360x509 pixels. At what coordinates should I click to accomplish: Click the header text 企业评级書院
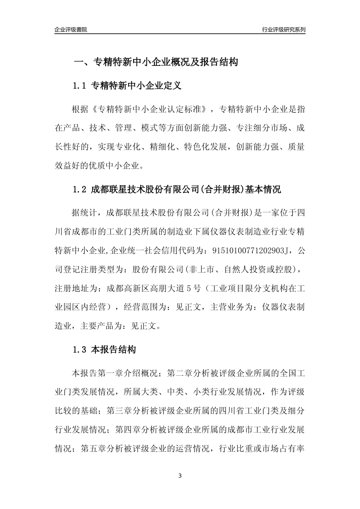coord(71,29)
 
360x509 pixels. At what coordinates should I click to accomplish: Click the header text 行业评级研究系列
coord(283,29)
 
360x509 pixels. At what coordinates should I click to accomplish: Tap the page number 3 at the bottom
coord(180,476)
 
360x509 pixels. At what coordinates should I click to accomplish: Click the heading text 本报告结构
coord(114,350)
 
